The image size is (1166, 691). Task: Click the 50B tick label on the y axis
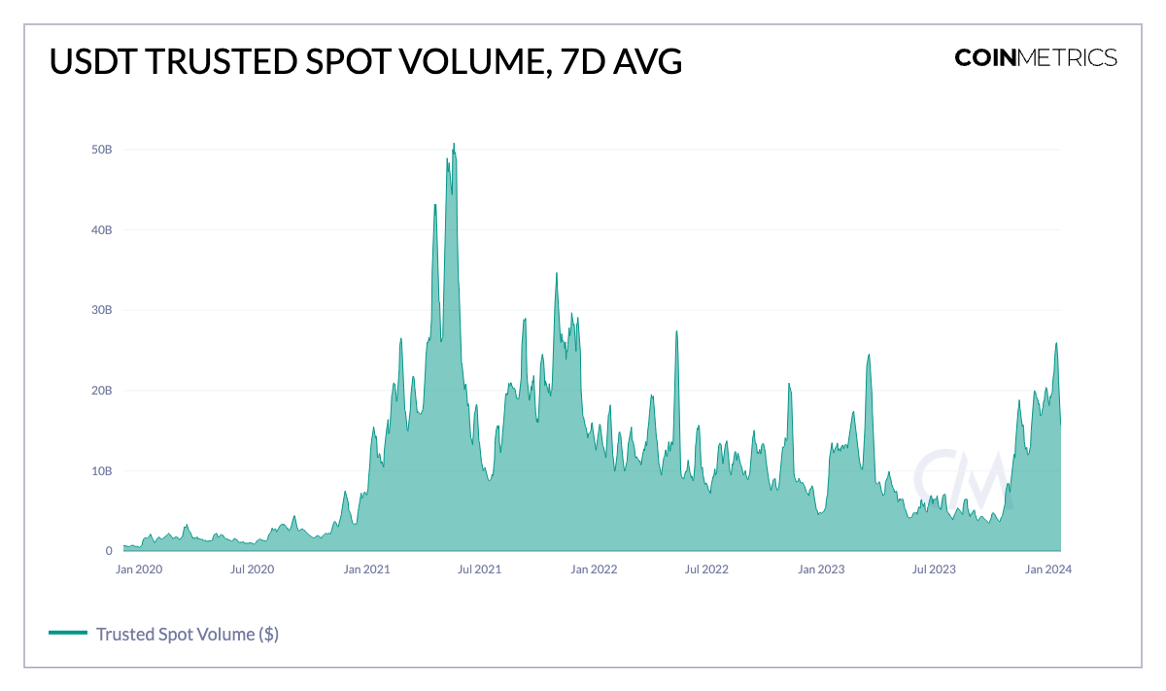(102, 150)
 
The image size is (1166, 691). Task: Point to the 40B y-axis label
(102, 230)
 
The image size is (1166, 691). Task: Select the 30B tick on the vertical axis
(102, 310)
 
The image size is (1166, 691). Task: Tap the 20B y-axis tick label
(102, 391)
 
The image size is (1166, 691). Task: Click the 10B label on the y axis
(102, 471)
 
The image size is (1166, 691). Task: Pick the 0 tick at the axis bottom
(109, 551)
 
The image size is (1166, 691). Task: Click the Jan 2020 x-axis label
(139, 570)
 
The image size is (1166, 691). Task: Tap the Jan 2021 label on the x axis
(367, 570)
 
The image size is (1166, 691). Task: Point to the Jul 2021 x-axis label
(479, 570)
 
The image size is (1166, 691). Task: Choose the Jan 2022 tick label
(594, 570)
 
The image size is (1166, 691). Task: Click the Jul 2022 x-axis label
(706, 570)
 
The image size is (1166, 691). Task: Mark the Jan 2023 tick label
(821, 570)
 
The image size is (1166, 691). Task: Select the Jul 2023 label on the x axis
(934, 570)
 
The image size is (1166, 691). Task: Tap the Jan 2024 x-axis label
(1048, 570)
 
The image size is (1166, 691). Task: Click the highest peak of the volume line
(453, 144)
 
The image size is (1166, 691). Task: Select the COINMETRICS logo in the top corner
(1036, 57)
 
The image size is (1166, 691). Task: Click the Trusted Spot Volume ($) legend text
(188, 635)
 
